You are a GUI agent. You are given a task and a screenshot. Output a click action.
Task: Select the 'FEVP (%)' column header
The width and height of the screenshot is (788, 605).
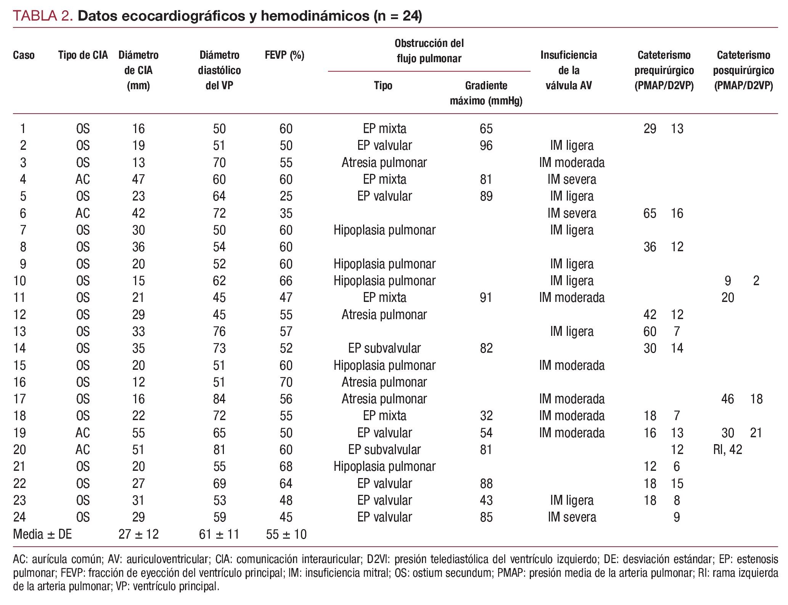coord(284,55)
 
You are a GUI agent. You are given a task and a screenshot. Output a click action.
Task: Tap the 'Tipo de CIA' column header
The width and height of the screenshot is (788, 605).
coord(83,55)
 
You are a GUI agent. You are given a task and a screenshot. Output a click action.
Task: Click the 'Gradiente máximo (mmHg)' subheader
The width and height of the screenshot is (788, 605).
coord(486,93)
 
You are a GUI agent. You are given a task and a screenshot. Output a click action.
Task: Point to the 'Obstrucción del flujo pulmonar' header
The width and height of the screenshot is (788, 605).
coord(429,51)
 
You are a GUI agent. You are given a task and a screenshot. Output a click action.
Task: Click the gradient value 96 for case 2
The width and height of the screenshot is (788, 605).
coord(486,146)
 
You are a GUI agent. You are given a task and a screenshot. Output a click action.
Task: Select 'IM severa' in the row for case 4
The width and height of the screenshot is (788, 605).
coord(571,179)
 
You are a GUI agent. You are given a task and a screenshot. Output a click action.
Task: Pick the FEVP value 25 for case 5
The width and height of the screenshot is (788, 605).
coord(286,196)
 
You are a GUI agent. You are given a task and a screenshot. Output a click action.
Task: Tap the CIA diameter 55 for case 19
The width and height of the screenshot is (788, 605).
coord(138,433)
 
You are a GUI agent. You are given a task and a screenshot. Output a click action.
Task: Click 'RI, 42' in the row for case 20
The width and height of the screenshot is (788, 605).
coord(727,450)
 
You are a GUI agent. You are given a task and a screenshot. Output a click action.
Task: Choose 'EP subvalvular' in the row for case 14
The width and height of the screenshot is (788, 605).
coord(384,348)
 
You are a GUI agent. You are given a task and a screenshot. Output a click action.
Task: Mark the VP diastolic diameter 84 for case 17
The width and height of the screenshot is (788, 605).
coord(219,399)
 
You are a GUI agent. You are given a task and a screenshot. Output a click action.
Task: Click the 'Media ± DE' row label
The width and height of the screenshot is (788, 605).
coord(42,534)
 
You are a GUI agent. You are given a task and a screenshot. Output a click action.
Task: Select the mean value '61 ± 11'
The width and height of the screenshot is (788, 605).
coord(219,534)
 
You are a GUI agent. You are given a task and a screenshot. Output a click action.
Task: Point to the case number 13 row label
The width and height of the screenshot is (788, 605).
coord(20,331)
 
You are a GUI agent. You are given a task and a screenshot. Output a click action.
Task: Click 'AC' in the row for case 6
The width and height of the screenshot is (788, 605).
coord(83,213)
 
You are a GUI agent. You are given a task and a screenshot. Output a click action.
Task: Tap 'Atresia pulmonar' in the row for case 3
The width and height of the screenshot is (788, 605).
coord(384,163)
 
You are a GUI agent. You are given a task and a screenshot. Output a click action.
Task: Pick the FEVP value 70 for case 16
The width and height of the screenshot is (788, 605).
coord(286,382)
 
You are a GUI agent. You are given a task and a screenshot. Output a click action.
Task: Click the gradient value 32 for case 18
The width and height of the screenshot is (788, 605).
coord(486,416)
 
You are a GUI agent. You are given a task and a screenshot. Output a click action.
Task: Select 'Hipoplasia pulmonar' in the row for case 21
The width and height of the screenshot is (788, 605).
coord(384,467)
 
